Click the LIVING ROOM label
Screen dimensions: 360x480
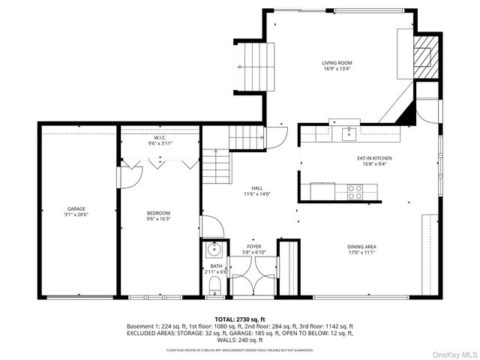337,63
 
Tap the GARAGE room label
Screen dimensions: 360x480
76,208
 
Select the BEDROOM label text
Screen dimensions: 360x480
158,213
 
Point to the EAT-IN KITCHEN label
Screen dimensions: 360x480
373,158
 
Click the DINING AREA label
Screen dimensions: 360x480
361,247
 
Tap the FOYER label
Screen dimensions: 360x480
254,246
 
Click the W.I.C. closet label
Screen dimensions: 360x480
160,138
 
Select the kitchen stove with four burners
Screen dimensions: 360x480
355,193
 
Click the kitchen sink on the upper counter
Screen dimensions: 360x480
347,133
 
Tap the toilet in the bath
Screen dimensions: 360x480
214,283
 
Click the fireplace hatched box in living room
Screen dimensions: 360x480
425,55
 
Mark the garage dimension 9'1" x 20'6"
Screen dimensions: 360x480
76,215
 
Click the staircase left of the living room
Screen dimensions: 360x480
250,66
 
